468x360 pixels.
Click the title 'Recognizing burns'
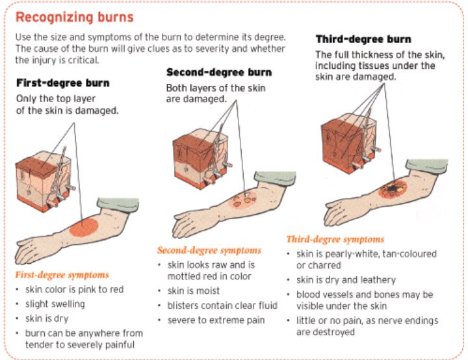(x=74, y=18)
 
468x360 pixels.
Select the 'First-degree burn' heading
(x=62, y=83)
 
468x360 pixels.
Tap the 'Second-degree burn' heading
(x=219, y=72)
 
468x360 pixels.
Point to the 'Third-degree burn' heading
(x=363, y=39)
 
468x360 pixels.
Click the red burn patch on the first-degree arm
(x=84, y=227)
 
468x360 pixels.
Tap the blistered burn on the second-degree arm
(x=242, y=199)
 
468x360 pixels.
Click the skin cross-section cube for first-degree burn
(x=45, y=181)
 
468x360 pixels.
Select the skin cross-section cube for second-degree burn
(x=202, y=158)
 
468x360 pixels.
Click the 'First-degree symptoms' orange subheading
(x=62, y=275)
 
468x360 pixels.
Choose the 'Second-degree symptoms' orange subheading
(x=209, y=250)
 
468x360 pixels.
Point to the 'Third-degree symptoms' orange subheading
(x=335, y=239)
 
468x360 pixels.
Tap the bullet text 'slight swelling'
(x=55, y=304)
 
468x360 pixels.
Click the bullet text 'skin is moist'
(x=194, y=290)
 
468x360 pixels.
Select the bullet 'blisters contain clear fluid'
(x=222, y=305)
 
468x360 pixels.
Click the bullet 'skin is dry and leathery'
(x=346, y=280)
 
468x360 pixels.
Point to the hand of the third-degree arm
(x=339, y=212)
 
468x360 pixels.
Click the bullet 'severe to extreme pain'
(x=216, y=320)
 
